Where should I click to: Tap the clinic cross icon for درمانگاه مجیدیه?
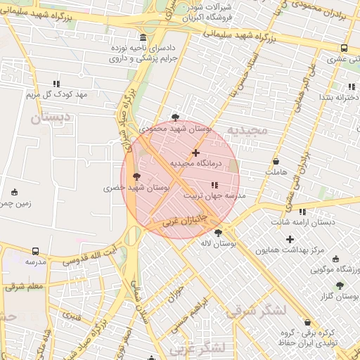(x=195, y=152)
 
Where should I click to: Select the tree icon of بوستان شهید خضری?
(x=136, y=176)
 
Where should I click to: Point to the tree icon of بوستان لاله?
(x=218, y=233)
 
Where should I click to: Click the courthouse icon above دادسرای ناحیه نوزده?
(x=143, y=37)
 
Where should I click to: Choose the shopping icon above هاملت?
(x=276, y=162)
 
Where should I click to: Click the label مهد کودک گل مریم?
(x=56, y=94)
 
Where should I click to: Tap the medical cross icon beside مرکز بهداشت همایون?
(x=289, y=239)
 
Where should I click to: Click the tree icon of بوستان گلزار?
(x=340, y=286)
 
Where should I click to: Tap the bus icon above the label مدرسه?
(x=35, y=251)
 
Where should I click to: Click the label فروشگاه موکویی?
(x=334, y=269)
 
